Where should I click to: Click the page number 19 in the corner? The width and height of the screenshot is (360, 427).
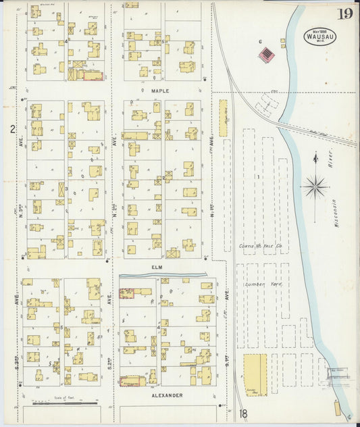(x=344, y=13)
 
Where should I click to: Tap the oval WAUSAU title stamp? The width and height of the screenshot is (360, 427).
(x=318, y=35)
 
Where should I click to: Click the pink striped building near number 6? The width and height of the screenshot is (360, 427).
(x=267, y=53)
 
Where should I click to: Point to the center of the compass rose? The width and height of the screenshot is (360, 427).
(x=315, y=185)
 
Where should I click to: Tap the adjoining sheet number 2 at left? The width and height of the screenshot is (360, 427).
(x=12, y=129)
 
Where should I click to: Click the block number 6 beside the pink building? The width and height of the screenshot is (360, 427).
(x=260, y=42)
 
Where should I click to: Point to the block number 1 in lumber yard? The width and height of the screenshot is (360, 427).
(x=257, y=177)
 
